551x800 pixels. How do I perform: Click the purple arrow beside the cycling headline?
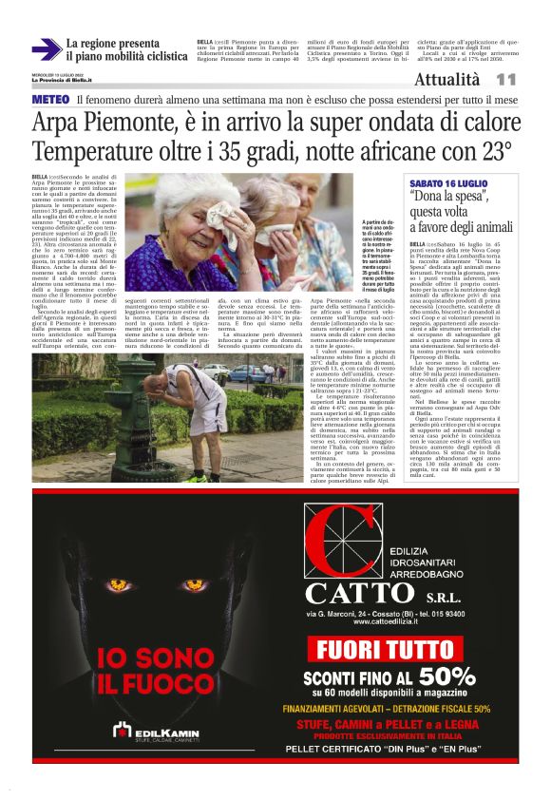[x=46, y=49]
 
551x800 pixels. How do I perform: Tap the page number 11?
[x=505, y=80]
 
